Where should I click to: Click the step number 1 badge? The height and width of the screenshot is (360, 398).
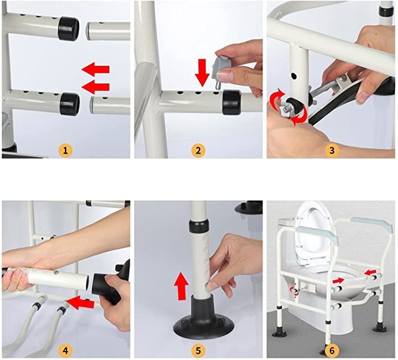65,150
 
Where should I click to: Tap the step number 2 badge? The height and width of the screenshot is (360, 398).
198,150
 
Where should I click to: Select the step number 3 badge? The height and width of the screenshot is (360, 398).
332,150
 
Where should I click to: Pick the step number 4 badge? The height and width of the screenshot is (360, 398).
65,351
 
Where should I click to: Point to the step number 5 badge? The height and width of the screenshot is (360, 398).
198,351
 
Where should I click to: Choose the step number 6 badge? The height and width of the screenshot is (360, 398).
332,351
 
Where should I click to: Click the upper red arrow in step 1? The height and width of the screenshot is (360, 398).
96,69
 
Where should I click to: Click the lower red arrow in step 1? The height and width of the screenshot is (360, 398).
96,87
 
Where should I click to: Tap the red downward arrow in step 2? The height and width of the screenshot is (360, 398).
202,72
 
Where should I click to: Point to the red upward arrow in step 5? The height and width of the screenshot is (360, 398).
181,285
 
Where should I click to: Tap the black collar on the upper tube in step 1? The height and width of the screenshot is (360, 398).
69,28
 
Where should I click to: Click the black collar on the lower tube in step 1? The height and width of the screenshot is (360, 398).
70,104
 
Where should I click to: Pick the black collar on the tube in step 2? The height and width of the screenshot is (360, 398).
231,102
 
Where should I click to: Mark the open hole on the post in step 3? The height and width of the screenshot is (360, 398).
294,76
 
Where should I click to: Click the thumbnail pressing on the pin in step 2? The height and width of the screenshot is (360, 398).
226,75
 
